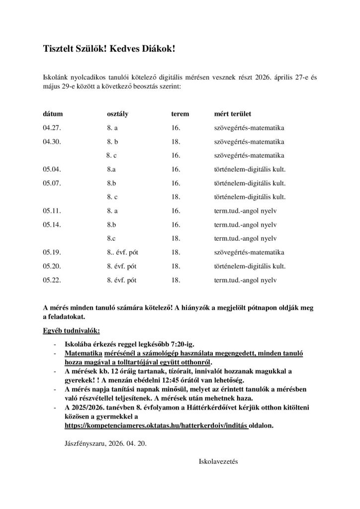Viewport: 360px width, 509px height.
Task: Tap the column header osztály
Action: pyautogui.click(x=118, y=114)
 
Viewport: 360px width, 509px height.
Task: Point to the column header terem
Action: pyautogui.click(x=180, y=114)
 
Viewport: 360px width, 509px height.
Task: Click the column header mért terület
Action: pyautogui.click(x=232, y=114)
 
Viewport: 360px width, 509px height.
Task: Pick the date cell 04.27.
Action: pyautogui.click(x=52, y=128)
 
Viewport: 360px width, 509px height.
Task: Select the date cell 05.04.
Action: pyautogui.click(x=52, y=170)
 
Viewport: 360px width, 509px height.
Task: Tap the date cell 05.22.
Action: pyautogui.click(x=52, y=280)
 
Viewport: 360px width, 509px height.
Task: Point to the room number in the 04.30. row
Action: pyautogui.click(x=175, y=142)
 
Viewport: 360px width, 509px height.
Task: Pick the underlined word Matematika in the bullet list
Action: pyautogui.click(x=83, y=353)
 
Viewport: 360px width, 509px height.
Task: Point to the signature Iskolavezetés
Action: pyautogui.click(x=218, y=461)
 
